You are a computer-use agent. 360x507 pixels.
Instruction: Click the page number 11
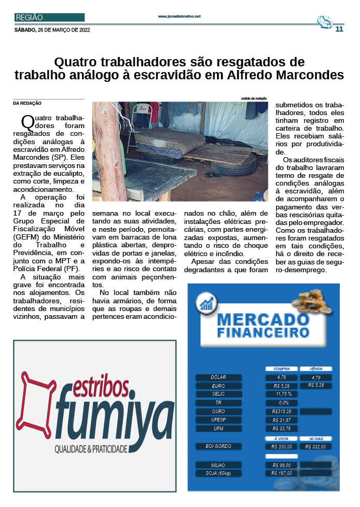pyautogui.click(x=339, y=29)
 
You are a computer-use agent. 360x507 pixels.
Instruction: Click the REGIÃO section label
pyautogui.click(x=30, y=18)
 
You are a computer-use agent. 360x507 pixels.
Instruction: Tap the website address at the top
pyautogui.click(x=179, y=17)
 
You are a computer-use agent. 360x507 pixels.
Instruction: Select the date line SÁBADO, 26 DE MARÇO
pyautogui.click(x=52, y=30)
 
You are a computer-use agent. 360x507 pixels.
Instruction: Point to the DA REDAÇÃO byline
pyautogui.click(x=27, y=103)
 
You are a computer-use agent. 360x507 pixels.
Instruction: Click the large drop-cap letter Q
pyautogui.click(x=27, y=122)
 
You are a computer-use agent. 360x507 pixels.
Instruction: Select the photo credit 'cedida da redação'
pyautogui.click(x=253, y=98)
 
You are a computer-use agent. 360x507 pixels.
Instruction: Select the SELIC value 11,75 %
pyautogui.click(x=283, y=394)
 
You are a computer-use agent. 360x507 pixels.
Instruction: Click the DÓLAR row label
pyautogui.click(x=219, y=377)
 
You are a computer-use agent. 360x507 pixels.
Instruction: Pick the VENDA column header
pyautogui.click(x=315, y=369)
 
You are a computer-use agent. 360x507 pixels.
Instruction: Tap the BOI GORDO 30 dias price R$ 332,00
pyautogui.click(x=315, y=446)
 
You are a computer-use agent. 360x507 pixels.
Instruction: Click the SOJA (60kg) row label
pyautogui.click(x=219, y=473)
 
